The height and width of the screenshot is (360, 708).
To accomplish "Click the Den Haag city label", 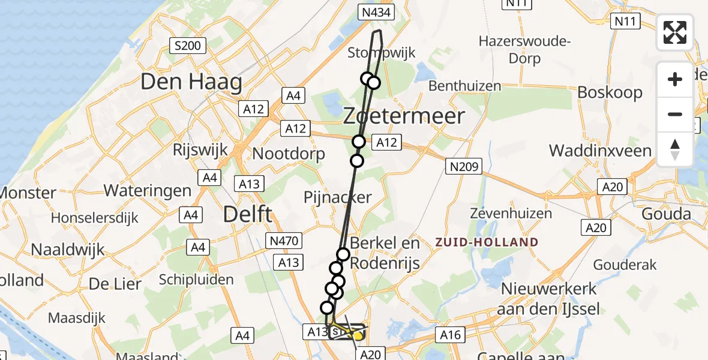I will tap(191, 82).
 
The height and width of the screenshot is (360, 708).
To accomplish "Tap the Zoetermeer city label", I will tap(404, 116).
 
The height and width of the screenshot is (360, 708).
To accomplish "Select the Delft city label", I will tap(248, 214).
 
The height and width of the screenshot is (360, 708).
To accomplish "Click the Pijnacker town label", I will tap(338, 197).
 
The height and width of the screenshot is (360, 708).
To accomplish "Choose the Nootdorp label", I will tap(288, 154).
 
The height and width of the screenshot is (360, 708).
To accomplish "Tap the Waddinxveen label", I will tap(600, 150).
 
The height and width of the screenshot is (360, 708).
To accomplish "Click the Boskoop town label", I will tap(610, 93).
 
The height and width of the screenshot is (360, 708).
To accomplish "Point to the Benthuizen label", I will tap(465, 86).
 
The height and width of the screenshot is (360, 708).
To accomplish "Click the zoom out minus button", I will tap(675, 114).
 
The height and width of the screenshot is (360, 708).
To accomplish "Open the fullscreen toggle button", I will tap(675, 32).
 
